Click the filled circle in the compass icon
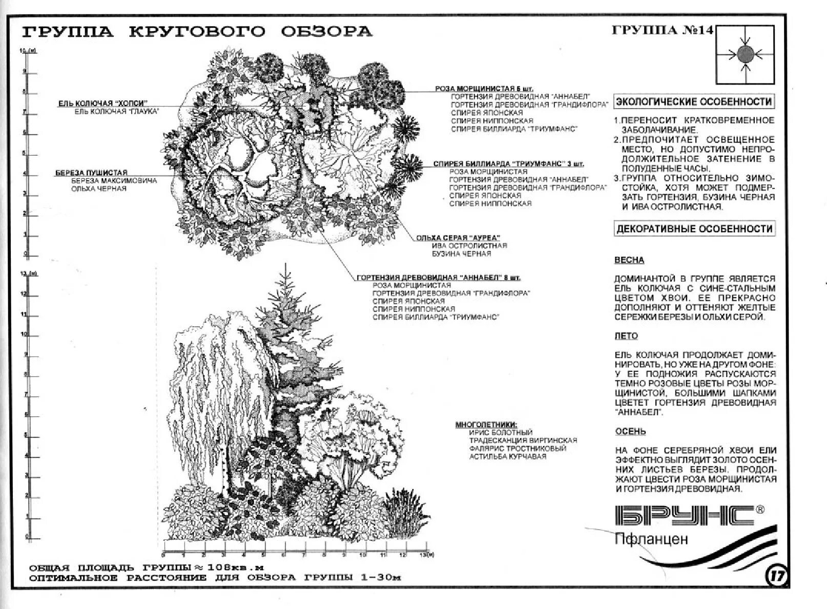tap(745, 53)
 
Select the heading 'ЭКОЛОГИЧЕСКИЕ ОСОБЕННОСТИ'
tap(694, 101)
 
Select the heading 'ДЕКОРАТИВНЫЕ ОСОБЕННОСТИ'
tap(694, 228)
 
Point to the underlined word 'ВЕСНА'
tap(629, 260)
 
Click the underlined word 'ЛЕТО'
tap(626, 336)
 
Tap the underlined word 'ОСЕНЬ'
tap(630, 432)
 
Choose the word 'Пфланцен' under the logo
tap(651, 539)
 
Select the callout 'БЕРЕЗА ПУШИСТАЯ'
tap(91, 173)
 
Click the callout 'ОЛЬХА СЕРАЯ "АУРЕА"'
tap(458, 238)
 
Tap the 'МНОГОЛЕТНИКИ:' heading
tap(486, 425)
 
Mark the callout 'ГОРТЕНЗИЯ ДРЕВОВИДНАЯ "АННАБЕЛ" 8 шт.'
tap(438, 278)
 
